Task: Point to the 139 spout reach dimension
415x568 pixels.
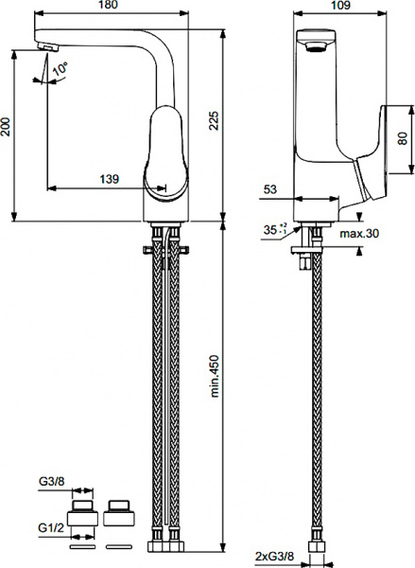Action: pyautogui.click(x=110, y=178)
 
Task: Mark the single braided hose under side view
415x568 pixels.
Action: pyautogui.click(x=309, y=398)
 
